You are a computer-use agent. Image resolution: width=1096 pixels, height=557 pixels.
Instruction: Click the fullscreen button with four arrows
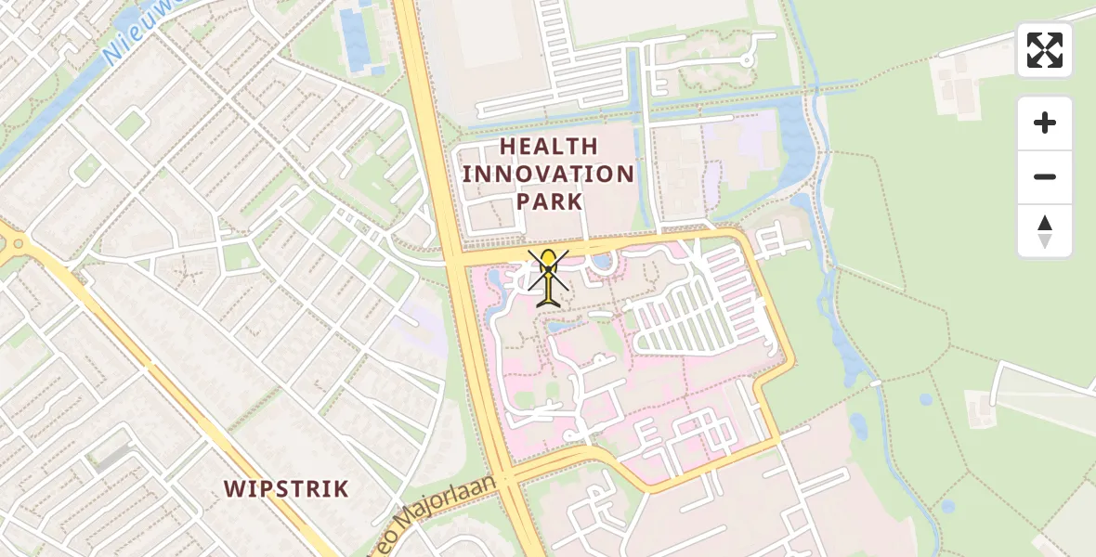click(x=1045, y=50)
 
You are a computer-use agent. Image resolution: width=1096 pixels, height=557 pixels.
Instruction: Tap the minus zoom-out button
click(x=1045, y=176)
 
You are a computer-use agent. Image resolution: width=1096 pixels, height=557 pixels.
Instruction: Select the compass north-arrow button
click(x=1045, y=231)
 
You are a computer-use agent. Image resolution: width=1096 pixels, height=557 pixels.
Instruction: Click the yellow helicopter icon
click(x=550, y=277)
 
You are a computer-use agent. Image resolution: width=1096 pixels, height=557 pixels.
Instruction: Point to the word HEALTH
click(x=548, y=146)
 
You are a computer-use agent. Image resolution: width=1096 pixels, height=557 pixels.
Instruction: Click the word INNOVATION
click(x=548, y=174)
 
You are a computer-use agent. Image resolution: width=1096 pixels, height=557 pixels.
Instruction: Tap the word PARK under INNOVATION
click(x=548, y=201)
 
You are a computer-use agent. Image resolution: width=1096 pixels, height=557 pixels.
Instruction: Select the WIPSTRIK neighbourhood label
click(x=286, y=488)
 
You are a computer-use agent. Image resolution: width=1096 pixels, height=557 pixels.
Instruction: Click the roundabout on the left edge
click(x=17, y=244)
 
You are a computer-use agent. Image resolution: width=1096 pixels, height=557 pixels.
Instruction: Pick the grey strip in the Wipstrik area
click(x=112, y=457)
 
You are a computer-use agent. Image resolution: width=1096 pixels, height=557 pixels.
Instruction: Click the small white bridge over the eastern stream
click(x=875, y=382)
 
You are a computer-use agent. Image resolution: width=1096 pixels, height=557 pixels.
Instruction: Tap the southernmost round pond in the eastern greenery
click(x=947, y=507)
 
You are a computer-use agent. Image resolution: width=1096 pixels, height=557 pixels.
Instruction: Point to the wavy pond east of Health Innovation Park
click(x=795, y=139)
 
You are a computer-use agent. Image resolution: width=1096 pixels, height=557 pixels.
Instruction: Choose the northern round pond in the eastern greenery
click(x=925, y=400)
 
